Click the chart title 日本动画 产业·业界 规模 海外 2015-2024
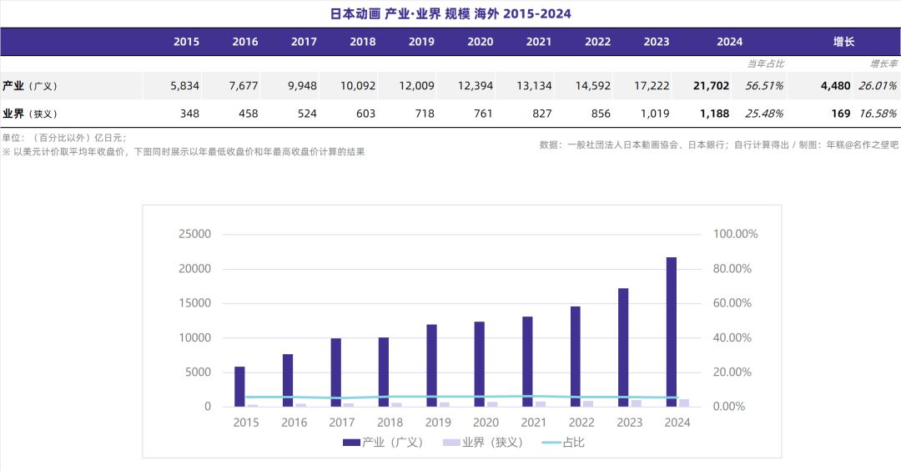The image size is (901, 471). [450, 14]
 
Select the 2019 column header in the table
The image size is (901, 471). [421, 42]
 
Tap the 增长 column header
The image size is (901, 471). [843, 42]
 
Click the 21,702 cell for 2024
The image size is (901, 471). [711, 86]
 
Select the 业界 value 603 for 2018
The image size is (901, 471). [363, 114]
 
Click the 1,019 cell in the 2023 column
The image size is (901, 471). [655, 114]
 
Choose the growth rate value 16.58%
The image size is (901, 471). [877, 114]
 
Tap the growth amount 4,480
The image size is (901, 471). [835, 86]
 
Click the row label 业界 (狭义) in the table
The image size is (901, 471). [30, 114]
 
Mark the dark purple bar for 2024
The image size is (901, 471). [672, 332]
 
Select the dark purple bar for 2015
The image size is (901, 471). [239, 386]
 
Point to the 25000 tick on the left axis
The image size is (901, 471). [194, 234]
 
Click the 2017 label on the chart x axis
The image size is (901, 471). [342, 423]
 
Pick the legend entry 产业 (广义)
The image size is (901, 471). [383, 443]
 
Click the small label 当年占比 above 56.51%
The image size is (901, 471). [765, 63]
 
